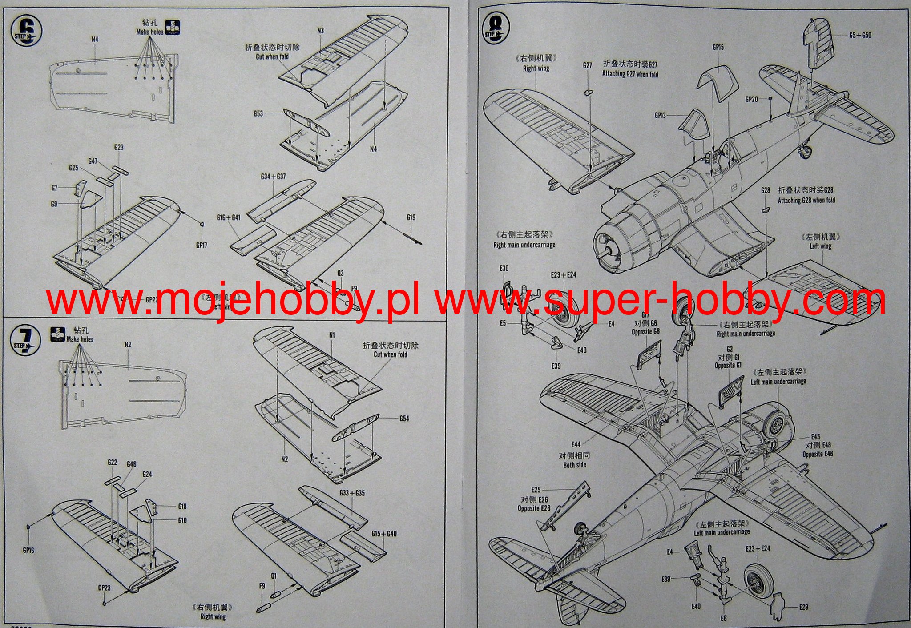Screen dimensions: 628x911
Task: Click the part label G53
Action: [258, 113]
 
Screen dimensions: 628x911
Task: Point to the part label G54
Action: [404, 419]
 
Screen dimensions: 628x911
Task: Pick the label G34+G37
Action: [273, 177]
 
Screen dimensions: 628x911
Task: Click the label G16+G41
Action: [229, 217]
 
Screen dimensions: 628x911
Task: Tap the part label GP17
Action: [202, 245]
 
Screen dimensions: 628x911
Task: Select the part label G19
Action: [411, 217]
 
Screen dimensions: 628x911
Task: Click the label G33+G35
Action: [352, 493]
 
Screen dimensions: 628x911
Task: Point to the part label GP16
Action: [28, 550]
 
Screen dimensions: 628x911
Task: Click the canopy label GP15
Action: [718, 47]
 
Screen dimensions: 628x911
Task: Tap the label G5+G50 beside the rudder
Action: [860, 35]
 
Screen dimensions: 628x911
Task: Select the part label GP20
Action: [751, 99]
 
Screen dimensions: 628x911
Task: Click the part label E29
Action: [803, 607]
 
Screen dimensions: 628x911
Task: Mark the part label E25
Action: [536, 490]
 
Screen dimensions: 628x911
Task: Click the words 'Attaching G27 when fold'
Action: [630, 74]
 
